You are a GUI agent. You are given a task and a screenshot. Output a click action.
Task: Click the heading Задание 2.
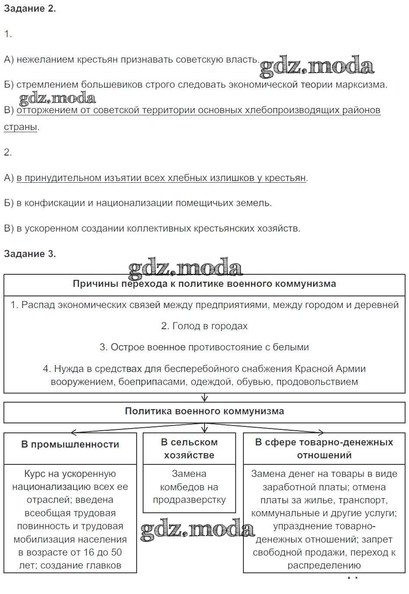click(x=30, y=9)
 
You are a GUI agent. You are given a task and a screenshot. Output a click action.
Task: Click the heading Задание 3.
click(x=30, y=254)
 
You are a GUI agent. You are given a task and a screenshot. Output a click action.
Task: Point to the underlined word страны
click(x=20, y=127)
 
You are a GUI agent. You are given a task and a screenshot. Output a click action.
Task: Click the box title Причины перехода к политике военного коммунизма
click(x=204, y=284)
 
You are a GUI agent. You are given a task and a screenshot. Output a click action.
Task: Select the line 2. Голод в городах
click(x=204, y=326)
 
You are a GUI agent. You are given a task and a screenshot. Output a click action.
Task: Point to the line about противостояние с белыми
click(x=204, y=347)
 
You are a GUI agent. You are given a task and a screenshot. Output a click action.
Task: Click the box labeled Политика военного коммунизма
click(x=204, y=411)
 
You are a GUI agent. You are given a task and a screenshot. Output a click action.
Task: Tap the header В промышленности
click(x=70, y=445)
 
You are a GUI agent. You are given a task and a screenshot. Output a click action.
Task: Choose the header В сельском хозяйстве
click(x=189, y=448)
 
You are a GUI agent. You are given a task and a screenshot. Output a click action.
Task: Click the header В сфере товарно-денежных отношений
click(x=324, y=448)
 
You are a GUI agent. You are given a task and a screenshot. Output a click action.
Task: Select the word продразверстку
click(x=189, y=500)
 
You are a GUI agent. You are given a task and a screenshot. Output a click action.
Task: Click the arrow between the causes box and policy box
click(x=204, y=397)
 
